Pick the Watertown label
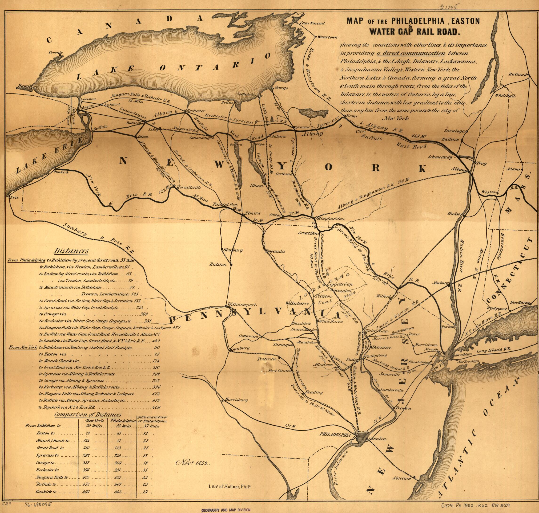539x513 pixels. pos(327,37)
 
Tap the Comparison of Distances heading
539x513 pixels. pos(87,415)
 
